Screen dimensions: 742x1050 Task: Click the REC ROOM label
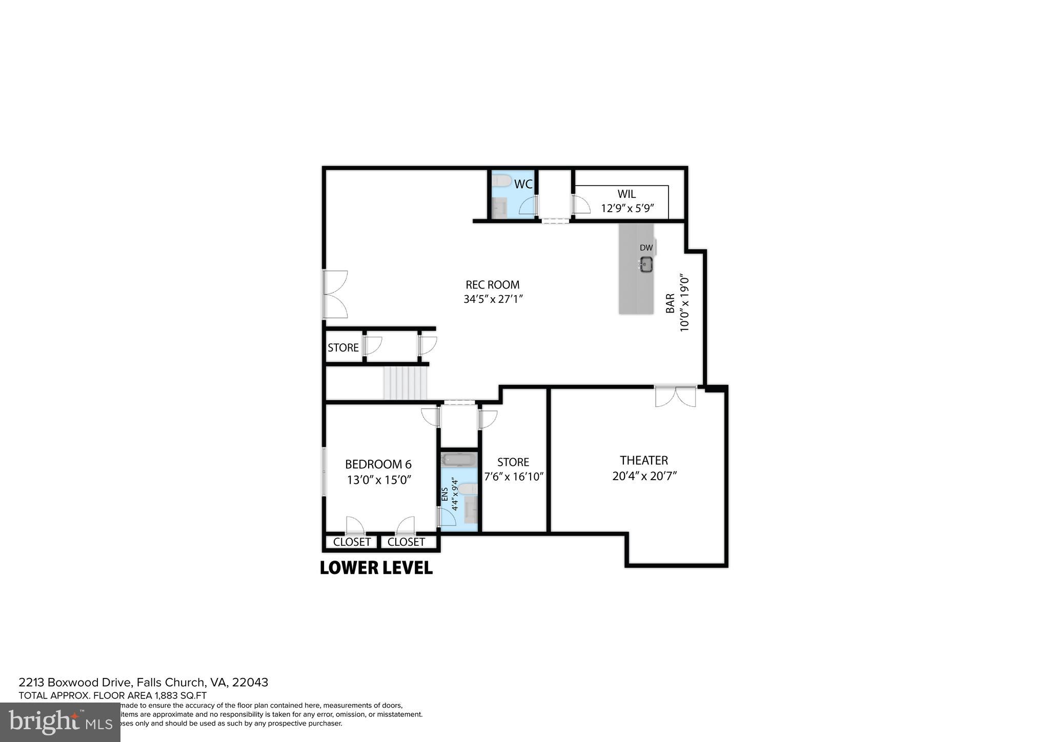point(492,285)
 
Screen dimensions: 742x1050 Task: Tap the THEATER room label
point(643,460)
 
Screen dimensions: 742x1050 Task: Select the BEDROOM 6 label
point(378,464)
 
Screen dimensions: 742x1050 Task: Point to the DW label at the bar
point(646,248)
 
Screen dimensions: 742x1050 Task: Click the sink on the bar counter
point(646,265)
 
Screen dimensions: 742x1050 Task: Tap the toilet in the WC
point(501,180)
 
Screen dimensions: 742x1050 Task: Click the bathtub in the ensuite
point(459,459)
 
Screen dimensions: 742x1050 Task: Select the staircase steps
point(406,382)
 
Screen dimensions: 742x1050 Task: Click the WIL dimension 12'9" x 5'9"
point(628,209)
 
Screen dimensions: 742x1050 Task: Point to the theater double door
point(675,396)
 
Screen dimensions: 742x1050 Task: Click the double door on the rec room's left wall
point(335,294)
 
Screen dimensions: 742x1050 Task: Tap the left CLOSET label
point(352,542)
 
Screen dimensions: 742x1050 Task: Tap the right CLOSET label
point(406,542)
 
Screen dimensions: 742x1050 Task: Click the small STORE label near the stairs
point(343,348)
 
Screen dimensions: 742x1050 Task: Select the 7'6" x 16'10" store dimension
point(514,477)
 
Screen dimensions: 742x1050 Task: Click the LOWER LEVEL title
point(376,568)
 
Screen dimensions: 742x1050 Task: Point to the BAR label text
point(670,303)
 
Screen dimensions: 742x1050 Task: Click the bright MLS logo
point(60,722)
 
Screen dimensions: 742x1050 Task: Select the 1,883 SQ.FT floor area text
point(180,695)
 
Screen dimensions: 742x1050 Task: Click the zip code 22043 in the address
point(250,683)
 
